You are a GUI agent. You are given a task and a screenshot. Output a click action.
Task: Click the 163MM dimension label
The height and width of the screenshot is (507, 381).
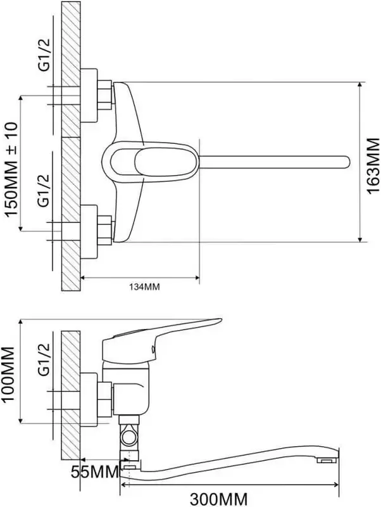(373, 165)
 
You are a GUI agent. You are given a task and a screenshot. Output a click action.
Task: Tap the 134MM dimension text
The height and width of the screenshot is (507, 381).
(145, 286)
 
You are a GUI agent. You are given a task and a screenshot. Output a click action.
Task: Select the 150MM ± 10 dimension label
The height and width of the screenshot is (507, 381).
(11, 169)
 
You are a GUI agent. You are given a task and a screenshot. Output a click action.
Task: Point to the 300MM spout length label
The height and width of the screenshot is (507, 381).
(218, 499)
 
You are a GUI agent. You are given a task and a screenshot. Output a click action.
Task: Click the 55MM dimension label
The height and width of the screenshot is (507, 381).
(95, 472)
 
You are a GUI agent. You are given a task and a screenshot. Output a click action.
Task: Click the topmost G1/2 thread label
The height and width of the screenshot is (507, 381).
(44, 54)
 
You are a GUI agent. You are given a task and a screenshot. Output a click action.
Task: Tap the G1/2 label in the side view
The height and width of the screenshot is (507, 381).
(44, 359)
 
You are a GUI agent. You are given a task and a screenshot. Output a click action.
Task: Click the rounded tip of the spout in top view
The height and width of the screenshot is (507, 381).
(346, 162)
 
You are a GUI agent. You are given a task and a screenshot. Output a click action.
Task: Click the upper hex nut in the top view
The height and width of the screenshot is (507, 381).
(104, 96)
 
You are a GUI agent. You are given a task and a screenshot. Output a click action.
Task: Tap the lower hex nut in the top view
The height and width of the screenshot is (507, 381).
(104, 230)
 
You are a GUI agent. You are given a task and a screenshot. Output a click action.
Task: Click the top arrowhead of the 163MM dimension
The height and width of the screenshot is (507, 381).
(360, 85)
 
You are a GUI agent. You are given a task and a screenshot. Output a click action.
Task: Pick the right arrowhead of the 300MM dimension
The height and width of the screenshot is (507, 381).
(336, 485)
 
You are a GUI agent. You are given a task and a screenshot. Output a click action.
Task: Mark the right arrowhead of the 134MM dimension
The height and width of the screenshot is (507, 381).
(196, 277)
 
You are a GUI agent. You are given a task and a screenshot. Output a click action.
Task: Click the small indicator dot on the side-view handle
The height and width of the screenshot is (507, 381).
(153, 349)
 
